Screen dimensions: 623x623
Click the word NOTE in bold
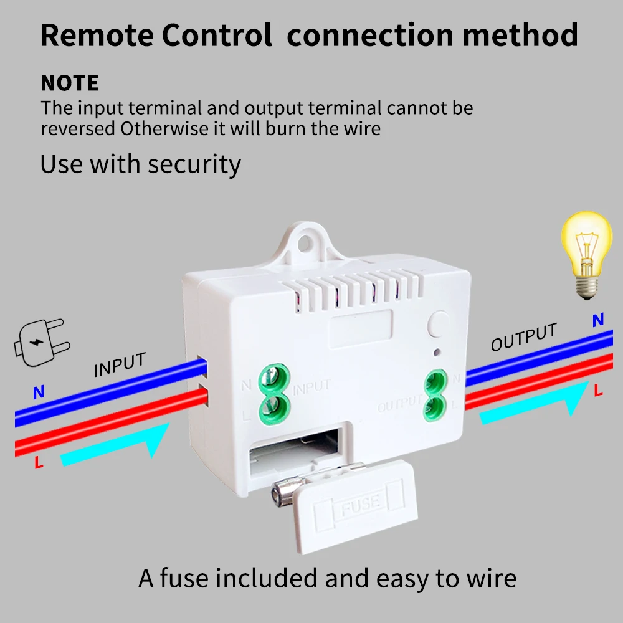(70, 83)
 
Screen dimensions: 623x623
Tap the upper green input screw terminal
(272, 377)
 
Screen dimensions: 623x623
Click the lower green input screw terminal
(272, 407)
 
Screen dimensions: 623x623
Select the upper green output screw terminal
(434, 379)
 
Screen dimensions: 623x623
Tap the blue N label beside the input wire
(39, 393)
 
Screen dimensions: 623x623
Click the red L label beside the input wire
(39, 463)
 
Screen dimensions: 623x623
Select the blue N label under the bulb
(598, 320)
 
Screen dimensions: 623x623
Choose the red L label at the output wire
(599, 391)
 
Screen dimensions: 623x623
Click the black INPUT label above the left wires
(120, 365)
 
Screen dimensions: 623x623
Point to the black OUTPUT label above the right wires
(523, 337)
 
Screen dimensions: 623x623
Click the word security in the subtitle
(194, 164)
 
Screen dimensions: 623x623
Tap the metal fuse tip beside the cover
(277, 496)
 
